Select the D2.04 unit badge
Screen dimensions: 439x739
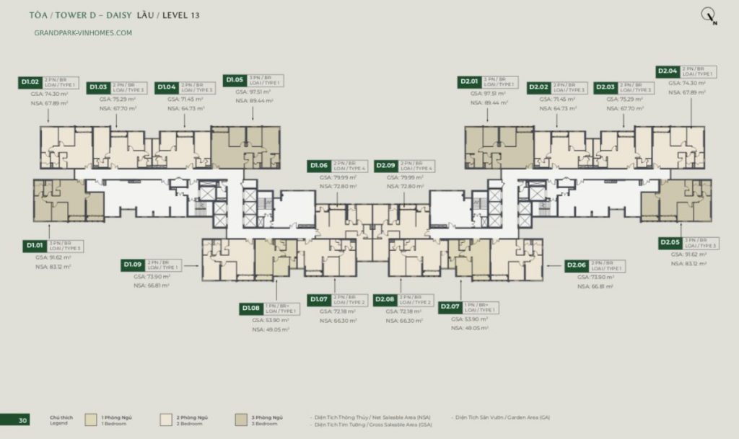[667, 71]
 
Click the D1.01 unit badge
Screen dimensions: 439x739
[35, 245]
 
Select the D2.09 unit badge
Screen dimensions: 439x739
[386, 165]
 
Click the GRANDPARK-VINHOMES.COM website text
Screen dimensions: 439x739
[83, 32]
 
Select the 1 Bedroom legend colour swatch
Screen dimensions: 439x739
[92, 420]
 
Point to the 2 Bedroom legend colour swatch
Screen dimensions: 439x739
[165, 420]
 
